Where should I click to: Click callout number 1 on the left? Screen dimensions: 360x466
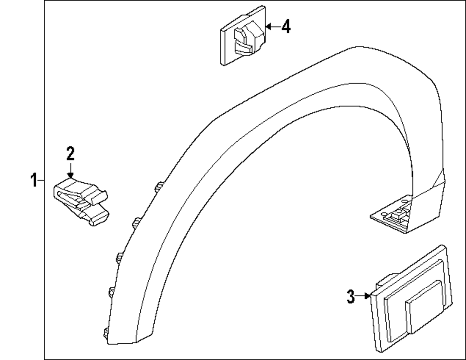point(34,180)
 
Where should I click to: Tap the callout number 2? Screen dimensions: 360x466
point(70,153)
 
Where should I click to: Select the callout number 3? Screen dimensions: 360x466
point(351,296)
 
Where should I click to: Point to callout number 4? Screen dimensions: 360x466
point(286,27)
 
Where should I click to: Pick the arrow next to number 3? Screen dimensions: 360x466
point(363,296)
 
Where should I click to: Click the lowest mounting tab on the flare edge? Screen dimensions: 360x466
point(105,332)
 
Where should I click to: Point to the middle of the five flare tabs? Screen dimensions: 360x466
point(119,256)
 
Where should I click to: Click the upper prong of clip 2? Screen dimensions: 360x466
point(98,196)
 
